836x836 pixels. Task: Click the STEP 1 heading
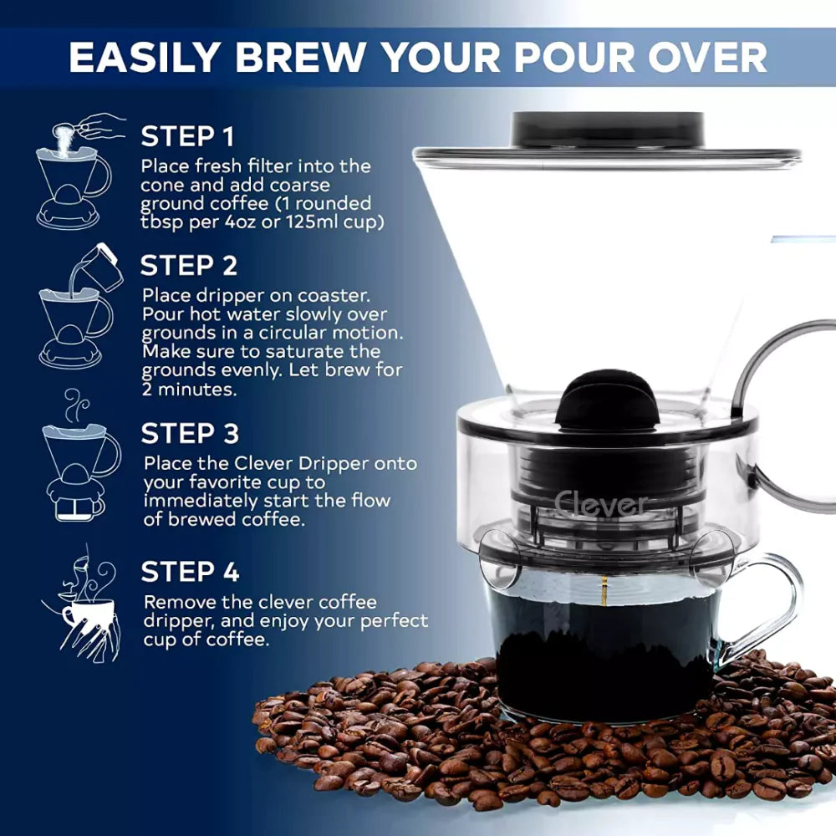tap(188, 136)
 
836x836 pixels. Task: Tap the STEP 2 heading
tap(189, 266)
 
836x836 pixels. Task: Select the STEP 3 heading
tap(190, 434)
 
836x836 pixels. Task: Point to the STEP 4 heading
tap(190, 572)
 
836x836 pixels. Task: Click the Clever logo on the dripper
tap(600, 504)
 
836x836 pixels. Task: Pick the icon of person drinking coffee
tap(84, 602)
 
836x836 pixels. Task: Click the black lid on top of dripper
tap(608, 130)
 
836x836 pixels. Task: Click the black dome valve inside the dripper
tap(608, 399)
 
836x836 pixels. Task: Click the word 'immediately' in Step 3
tap(195, 501)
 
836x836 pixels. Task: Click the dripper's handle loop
tap(782, 418)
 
